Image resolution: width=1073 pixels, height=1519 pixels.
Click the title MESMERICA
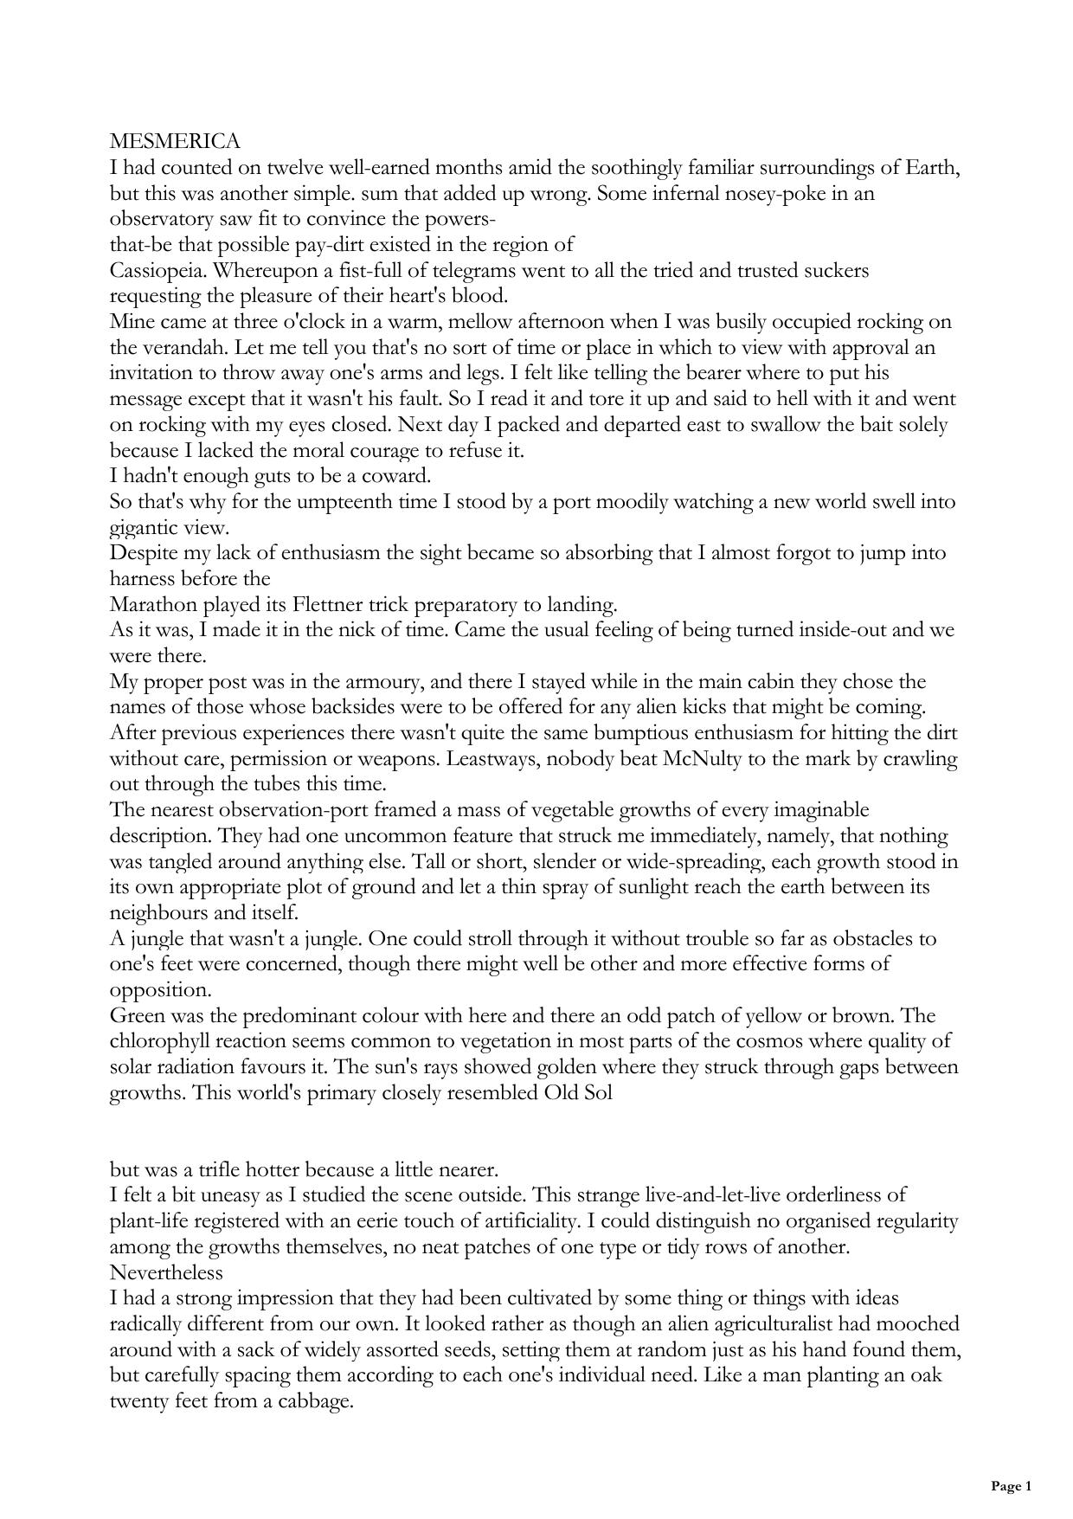click(x=175, y=141)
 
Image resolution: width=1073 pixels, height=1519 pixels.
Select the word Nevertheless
click(x=166, y=1273)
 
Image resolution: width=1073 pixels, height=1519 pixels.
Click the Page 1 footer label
click(x=1011, y=1486)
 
